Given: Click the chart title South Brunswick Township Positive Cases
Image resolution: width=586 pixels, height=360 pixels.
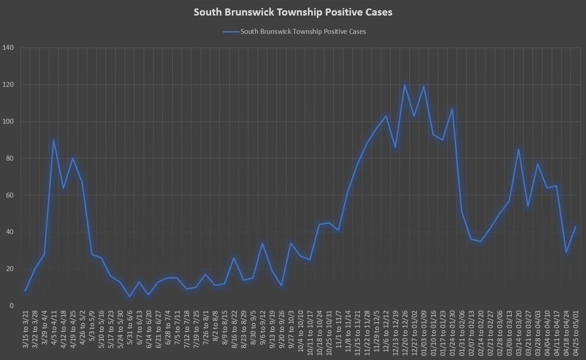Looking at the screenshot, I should click(293, 12).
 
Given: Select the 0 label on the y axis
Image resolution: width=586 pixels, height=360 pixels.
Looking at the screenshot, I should click(12, 306).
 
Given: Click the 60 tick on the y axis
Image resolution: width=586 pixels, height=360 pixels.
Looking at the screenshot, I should click(10, 195).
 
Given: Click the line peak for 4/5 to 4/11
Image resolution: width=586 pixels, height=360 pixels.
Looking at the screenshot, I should click(54, 140).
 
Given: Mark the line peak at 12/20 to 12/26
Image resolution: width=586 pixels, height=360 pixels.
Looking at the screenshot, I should click(405, 85).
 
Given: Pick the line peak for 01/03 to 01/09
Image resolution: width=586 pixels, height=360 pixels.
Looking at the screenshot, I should click(424, 87).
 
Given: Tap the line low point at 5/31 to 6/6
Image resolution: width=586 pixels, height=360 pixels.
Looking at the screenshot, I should click(129, 296).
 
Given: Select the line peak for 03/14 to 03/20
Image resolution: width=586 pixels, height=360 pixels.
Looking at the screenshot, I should click(518, 149).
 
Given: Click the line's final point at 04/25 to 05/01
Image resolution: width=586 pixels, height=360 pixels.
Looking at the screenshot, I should click(575, 227).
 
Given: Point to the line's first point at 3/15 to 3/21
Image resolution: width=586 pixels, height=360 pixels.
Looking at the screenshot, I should click(25, 291).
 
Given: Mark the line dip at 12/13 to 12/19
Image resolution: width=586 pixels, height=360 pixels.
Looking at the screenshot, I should click(395, 147).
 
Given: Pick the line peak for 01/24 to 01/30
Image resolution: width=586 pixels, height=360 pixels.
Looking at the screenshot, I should click(452, 109).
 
